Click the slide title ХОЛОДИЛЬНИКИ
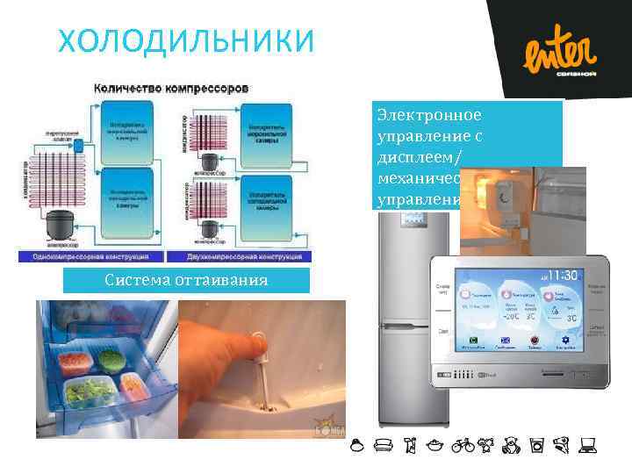click(183, 40)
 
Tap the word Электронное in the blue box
click(428, 115)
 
